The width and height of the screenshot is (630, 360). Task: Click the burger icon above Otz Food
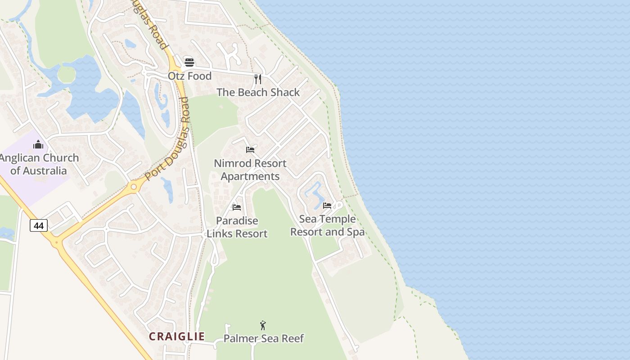tap(189, 62)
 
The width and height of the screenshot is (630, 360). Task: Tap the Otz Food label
tap(189, 76)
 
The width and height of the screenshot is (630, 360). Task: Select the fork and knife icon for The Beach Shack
tap(258, 79)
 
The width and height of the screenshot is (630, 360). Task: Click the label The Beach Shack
tap(258, 92)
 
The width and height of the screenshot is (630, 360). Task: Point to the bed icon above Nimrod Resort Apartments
tap(250, 149)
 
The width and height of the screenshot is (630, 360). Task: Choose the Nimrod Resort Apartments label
tap(250, 170)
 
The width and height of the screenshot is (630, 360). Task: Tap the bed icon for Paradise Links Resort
tap(237, 207)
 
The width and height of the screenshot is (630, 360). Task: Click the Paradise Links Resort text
tap(237, 227)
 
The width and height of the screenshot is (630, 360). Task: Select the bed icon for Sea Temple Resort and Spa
tap(327, 205)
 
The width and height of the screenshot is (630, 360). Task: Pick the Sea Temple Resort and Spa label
tap(327, 225)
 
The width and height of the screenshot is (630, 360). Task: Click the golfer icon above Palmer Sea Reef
tap(263, 325)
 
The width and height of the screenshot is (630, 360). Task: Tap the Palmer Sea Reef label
tap(264, 338)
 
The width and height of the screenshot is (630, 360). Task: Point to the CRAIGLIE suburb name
tap(177, 336)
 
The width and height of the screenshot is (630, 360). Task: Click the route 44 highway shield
tap(39, 225)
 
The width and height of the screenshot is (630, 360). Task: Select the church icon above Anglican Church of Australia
tap(39, 144)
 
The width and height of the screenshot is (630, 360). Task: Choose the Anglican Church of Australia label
tap(39, 164)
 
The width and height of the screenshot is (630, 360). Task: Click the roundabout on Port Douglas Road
tap(133, 187)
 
